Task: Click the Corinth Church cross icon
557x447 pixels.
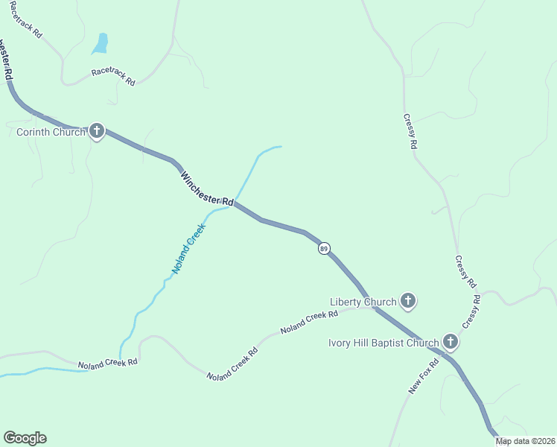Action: pos(97,132)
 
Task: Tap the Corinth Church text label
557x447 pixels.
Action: pos(51,133)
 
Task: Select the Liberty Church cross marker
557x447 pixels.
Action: pos(407,301)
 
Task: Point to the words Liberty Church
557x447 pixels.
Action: pos(363,302)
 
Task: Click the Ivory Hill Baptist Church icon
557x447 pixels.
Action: pos(450,342)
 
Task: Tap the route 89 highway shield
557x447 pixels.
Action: pos(324,248)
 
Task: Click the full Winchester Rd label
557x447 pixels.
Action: pos(207,189)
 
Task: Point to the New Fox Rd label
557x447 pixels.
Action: pos(425,376)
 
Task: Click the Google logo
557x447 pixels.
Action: pos(25,438)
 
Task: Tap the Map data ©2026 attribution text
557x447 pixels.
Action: pos(526,441)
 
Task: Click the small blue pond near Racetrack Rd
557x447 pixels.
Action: pos(100,44)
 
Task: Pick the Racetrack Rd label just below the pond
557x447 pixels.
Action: pos(113,77)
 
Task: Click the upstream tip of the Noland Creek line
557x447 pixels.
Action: pos(280,147)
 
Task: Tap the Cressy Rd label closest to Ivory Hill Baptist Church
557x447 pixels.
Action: pos(471,311)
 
